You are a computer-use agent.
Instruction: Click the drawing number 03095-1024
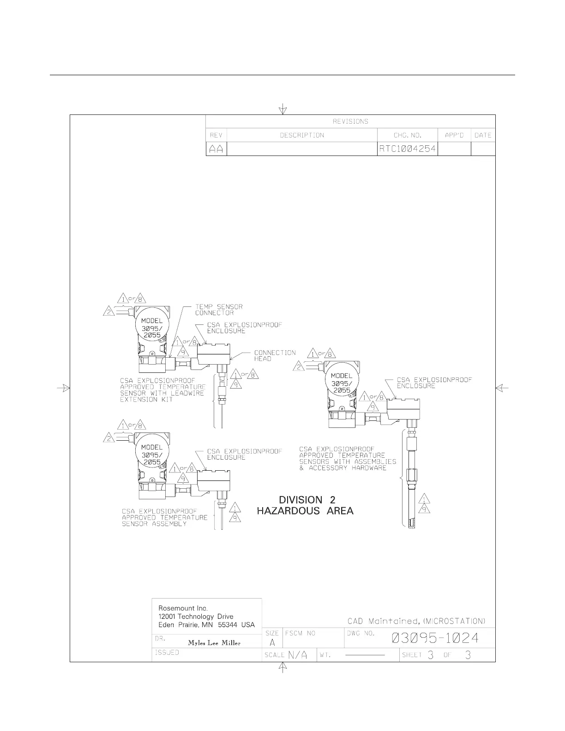435,638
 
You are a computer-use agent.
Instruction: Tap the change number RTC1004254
407,149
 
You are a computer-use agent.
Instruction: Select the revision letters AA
216,149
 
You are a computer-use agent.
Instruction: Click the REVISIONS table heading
350,121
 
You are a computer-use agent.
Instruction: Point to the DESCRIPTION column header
302,135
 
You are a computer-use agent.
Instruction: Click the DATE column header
483,135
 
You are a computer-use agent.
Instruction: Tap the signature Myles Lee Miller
214,643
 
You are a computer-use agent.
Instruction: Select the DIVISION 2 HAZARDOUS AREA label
305,505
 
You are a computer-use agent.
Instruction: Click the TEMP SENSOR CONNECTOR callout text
218,310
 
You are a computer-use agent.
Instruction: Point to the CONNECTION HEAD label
275,355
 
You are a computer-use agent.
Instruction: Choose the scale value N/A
298,655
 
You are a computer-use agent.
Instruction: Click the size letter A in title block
272,642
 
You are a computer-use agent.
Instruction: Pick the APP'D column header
454,135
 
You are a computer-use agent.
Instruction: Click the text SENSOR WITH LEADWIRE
162,393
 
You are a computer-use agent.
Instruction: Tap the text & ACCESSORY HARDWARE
343,468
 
